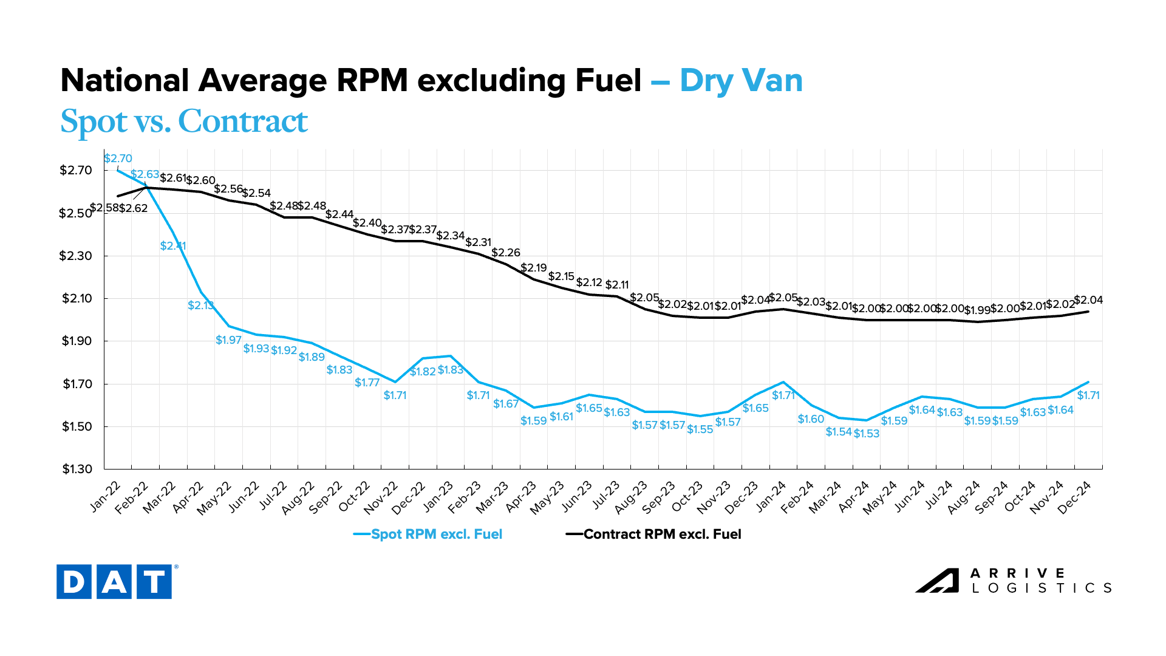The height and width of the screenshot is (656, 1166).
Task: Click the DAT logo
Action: (114, 581)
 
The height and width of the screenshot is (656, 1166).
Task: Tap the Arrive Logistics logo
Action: (1014, 581)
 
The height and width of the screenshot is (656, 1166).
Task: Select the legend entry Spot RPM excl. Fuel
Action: (428, 535)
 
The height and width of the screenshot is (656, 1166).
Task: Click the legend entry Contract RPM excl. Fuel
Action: (654, 535)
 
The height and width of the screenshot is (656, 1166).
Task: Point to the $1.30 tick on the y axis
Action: (77, 469)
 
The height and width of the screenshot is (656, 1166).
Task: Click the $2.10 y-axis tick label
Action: (77, 298)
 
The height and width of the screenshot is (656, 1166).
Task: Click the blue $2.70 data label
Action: (118, 159)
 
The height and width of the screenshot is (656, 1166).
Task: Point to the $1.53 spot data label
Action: (867, 434)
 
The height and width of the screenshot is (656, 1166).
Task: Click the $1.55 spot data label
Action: (700, 429)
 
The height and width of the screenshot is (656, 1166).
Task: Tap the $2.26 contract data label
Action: (506, 253)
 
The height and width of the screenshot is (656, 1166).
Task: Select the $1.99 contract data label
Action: (977, 310)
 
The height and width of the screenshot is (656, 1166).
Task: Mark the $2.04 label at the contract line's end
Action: (1088, 300)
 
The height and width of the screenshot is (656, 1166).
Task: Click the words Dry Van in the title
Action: (742, 81)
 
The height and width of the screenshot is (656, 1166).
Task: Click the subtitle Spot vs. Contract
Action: (184, 121)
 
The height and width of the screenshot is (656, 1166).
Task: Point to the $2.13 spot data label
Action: (200, 306)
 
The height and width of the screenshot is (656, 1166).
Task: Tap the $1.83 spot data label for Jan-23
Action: (451, 370)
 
